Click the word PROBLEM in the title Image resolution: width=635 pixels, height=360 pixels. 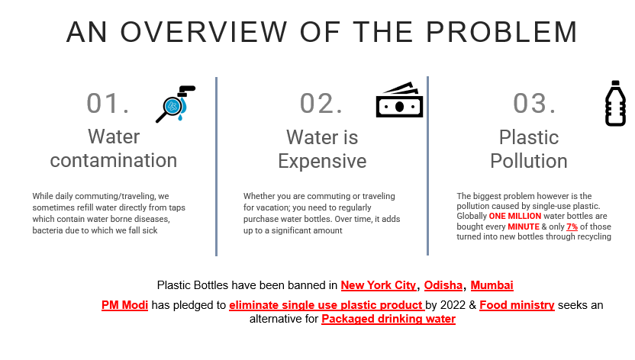click(x=501, y=32)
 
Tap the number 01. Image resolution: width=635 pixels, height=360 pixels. click(x=108, y=103)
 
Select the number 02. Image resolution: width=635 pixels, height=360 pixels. click(x=321, y=103)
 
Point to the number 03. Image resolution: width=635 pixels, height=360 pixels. click(x=534, y=103)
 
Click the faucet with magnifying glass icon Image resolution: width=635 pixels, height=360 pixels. click(x=176, y=104)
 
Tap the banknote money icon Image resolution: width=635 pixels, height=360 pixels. click(x=399, y=100)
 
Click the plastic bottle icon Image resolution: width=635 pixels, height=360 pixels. click(x=616, y=104)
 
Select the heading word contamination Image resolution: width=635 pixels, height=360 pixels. click(x=114, y=160)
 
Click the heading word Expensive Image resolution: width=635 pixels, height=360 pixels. click(x=322, y=161)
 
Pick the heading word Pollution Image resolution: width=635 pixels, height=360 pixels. click(x=528, y=161)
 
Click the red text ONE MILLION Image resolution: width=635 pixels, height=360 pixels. click(x=514, y=216)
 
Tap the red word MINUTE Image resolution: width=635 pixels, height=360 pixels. click(x=524, y=227)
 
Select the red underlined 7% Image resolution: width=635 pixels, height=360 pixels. click(x=572, y=227)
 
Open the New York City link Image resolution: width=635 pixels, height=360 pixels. click(x=379, y=285)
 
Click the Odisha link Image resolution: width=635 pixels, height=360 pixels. click(x=443, y=285)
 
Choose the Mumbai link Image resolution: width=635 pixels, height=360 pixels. click(x=492, y=285)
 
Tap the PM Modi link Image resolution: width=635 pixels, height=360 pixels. click(x=124, y=305)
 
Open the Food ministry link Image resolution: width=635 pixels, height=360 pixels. click(x=517, y=305)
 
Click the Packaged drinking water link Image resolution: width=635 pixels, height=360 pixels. click(x=388, y=319)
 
